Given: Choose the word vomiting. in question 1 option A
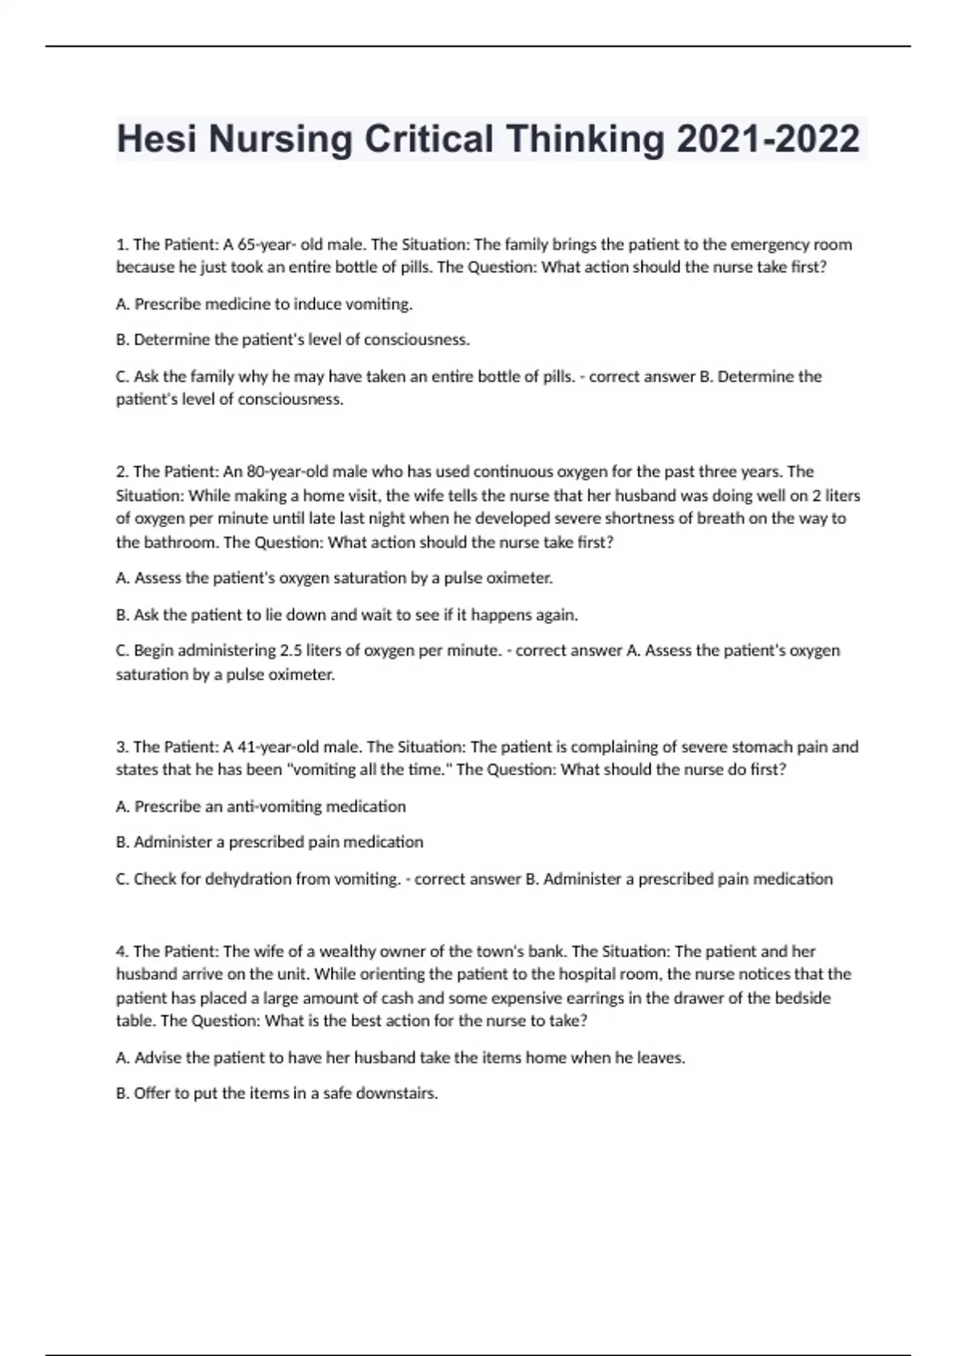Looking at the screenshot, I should pos(382,304).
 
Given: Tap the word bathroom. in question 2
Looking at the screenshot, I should pos(181,542).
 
